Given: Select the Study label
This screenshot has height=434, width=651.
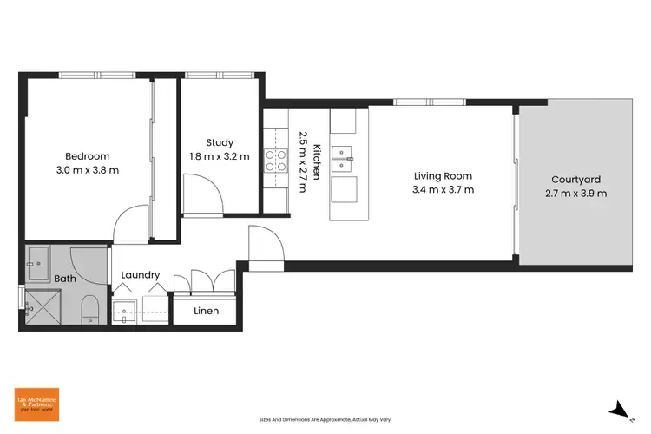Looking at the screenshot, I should (220, 142).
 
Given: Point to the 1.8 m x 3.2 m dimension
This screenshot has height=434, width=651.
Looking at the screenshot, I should (220, 157).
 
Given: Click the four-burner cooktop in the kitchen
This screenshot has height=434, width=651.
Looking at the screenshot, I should (276, 159).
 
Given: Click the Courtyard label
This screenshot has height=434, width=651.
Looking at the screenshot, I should (575, 180).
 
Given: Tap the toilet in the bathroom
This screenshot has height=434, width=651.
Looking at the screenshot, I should (89, 308).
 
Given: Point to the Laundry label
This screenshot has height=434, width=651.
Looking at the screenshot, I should (140, 275).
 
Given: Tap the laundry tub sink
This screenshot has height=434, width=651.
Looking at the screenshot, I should (125, 312).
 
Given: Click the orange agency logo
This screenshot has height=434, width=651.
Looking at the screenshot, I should (36, 403).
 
